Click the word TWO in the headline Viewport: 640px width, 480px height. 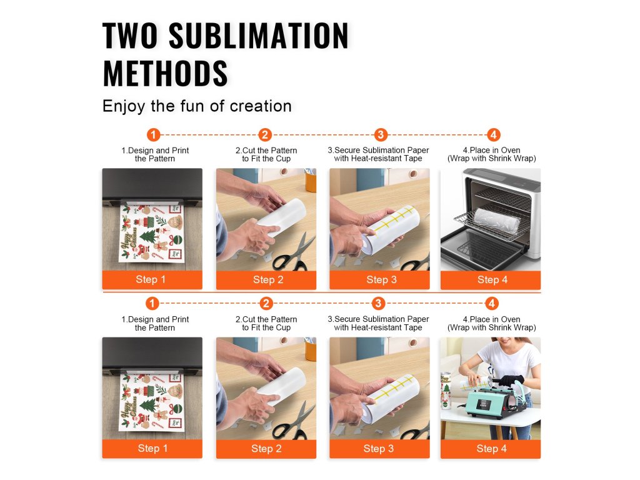click(x=130, y=36)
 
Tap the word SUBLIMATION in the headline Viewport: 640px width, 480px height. click(x=259, y=36)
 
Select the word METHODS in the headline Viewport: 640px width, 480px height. click(x=165, y=74)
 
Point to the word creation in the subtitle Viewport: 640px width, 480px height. click(x=261, y=106)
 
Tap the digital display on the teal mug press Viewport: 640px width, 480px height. click(x=485, y=405)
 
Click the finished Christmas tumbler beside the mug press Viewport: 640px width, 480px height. click(x=446, y=391)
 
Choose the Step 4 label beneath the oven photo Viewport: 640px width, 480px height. click(x=492, y=279)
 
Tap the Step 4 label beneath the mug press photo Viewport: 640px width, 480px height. click(x=491, y=449)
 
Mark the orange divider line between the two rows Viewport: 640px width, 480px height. click(x=322, y=292)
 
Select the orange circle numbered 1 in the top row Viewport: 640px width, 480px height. click(x=154, y=135)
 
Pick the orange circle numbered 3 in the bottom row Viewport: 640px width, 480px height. click(x=378, y=303)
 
